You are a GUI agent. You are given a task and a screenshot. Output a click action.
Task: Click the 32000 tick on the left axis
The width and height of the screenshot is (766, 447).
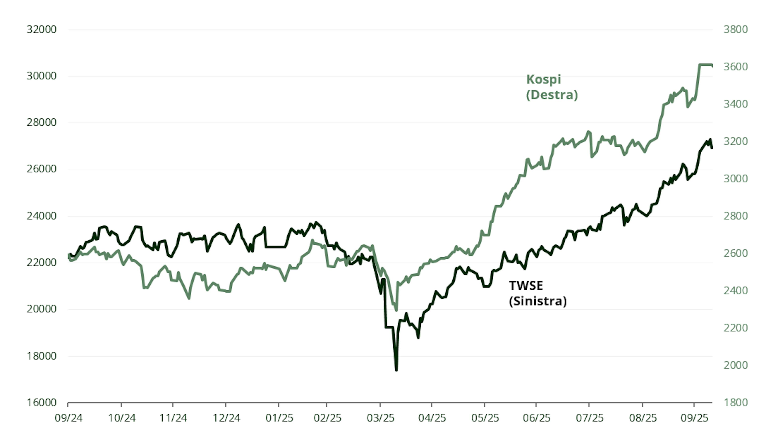41,29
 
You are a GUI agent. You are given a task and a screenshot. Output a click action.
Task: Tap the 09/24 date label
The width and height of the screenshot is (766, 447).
68,418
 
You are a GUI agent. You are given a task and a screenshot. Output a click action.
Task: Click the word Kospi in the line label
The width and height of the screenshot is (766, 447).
544,79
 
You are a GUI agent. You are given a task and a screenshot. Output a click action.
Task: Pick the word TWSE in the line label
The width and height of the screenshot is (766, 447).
526,286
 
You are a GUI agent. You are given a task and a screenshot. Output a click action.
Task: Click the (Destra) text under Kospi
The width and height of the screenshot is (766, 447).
552,95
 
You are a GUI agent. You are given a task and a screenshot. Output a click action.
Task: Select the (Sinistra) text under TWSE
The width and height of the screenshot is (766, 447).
538,301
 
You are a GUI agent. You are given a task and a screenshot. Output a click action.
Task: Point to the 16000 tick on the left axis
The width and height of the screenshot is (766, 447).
41,403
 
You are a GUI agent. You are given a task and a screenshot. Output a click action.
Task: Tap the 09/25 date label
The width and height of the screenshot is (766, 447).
694,418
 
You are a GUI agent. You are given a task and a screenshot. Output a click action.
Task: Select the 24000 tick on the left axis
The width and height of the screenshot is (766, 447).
41,216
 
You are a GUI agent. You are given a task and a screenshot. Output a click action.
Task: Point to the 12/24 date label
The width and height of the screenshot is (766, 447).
226,418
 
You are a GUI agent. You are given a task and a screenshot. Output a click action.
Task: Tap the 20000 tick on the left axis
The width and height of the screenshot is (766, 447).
41,309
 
